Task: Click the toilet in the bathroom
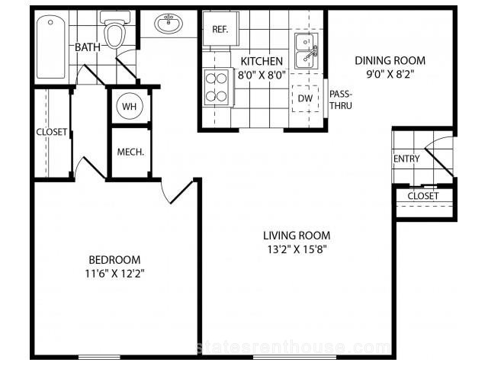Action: [x=114, y=29]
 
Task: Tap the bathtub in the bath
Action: [x=51, y=47]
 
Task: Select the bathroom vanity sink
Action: [x=169, y=23]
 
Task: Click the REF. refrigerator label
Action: [x=220, y=30]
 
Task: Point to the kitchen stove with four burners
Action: [x=217, y=88]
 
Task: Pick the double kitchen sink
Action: [x=307, y=51]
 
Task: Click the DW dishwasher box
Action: [x=305, y=98]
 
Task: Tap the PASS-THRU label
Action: [x=341, y=100]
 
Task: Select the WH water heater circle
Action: [x=129, y=106]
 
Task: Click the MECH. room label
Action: [x=130, y=152]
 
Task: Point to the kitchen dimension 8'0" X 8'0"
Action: [x=262, y=75]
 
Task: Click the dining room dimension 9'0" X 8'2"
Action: [x=390, y=74]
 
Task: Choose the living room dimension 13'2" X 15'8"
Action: [x=297, y=249]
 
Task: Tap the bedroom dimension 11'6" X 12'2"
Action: [x=115, y=274]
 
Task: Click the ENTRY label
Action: [x=406, y=159]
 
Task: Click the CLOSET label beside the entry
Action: [x=423, y=196]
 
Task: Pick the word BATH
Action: [x=88, y=47]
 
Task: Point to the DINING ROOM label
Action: [x=390, y=60]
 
